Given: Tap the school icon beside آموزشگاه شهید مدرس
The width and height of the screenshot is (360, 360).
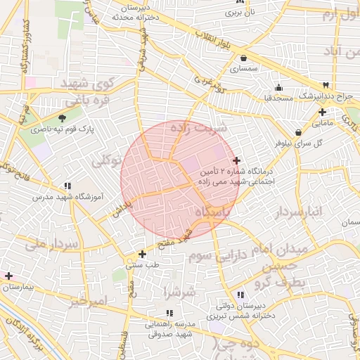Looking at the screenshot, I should (x=67, y=186).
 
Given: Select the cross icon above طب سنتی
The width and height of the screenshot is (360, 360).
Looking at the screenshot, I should (x=143, y=254).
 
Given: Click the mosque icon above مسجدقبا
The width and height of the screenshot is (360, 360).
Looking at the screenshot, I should (x=279, y=88).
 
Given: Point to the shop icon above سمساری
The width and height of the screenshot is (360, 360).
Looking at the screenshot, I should (x=243, y=58).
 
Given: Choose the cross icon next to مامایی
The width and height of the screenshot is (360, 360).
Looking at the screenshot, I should (x=322, y=112).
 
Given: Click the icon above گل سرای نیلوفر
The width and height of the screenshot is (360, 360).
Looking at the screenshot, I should (x=299, y=131).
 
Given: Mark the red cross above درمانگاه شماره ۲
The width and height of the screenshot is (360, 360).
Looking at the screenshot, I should (x=236, y=161).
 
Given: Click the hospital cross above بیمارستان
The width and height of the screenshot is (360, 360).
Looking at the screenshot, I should (x=8, y=276).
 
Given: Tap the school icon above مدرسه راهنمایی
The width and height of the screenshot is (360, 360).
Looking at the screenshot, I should (x=169, y=313).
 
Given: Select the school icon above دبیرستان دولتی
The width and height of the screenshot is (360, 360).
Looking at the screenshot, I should (x=240, y=295).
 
